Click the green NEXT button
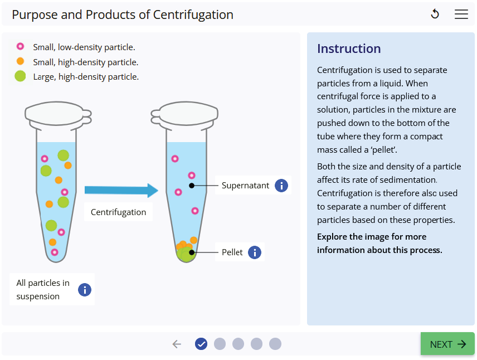point(447,344)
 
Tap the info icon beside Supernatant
point(281,186)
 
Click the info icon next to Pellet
point(255,252)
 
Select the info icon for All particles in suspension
point(84,290)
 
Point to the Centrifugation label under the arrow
point(118,212)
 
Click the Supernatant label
point(245,186)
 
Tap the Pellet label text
point(232,252)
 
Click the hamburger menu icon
point(461,14)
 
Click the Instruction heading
point(349,48)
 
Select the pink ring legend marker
point(21,47)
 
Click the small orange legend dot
point(21,61)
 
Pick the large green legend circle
point(21,76)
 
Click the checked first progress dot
point(201,344)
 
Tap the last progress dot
point(275,344)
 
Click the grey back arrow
point(177,344)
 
